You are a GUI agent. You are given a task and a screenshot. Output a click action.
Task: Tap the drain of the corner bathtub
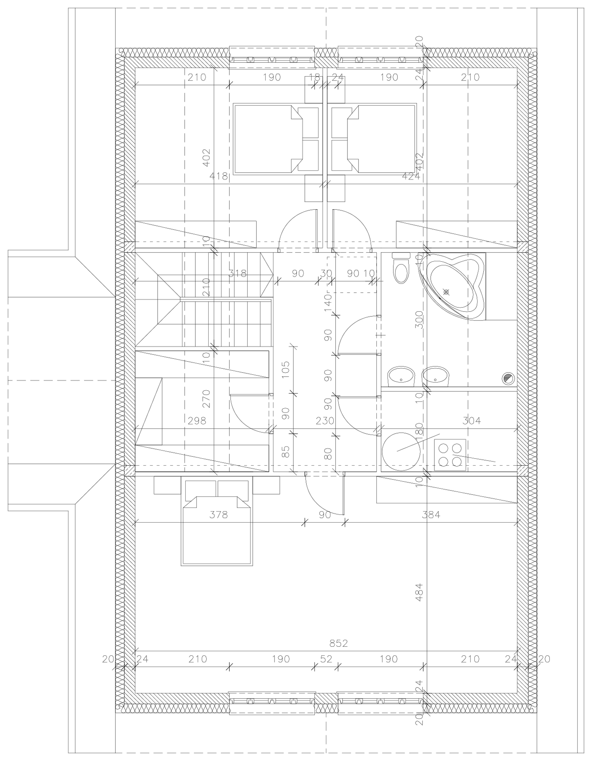pos(446,292)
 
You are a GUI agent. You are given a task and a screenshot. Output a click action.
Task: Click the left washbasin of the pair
pos(401,377)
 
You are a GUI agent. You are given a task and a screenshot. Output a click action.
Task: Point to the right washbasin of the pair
pos(435,377)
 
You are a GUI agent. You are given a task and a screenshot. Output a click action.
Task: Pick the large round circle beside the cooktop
pos(401,451)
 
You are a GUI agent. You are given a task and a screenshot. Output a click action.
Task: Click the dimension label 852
pos(339,643)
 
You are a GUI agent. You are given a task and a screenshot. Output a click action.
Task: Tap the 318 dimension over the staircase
pos(237,273)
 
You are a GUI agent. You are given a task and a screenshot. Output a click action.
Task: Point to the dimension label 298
pos(197,421)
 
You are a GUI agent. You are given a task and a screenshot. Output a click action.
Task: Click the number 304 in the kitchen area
pos(472,420)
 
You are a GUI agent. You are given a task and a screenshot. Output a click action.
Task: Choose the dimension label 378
pos(218,514)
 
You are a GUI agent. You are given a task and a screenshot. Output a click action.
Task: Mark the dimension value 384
pos(431,514)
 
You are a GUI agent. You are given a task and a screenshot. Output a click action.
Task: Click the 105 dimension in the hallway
pos(285,370)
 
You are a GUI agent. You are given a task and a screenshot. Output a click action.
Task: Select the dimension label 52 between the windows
pos(326,659)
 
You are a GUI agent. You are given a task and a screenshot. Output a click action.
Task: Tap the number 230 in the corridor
pos(325,421)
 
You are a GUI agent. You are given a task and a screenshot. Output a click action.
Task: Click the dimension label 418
pos(219,176)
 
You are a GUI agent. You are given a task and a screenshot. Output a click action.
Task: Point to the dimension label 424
pos(411,176)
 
